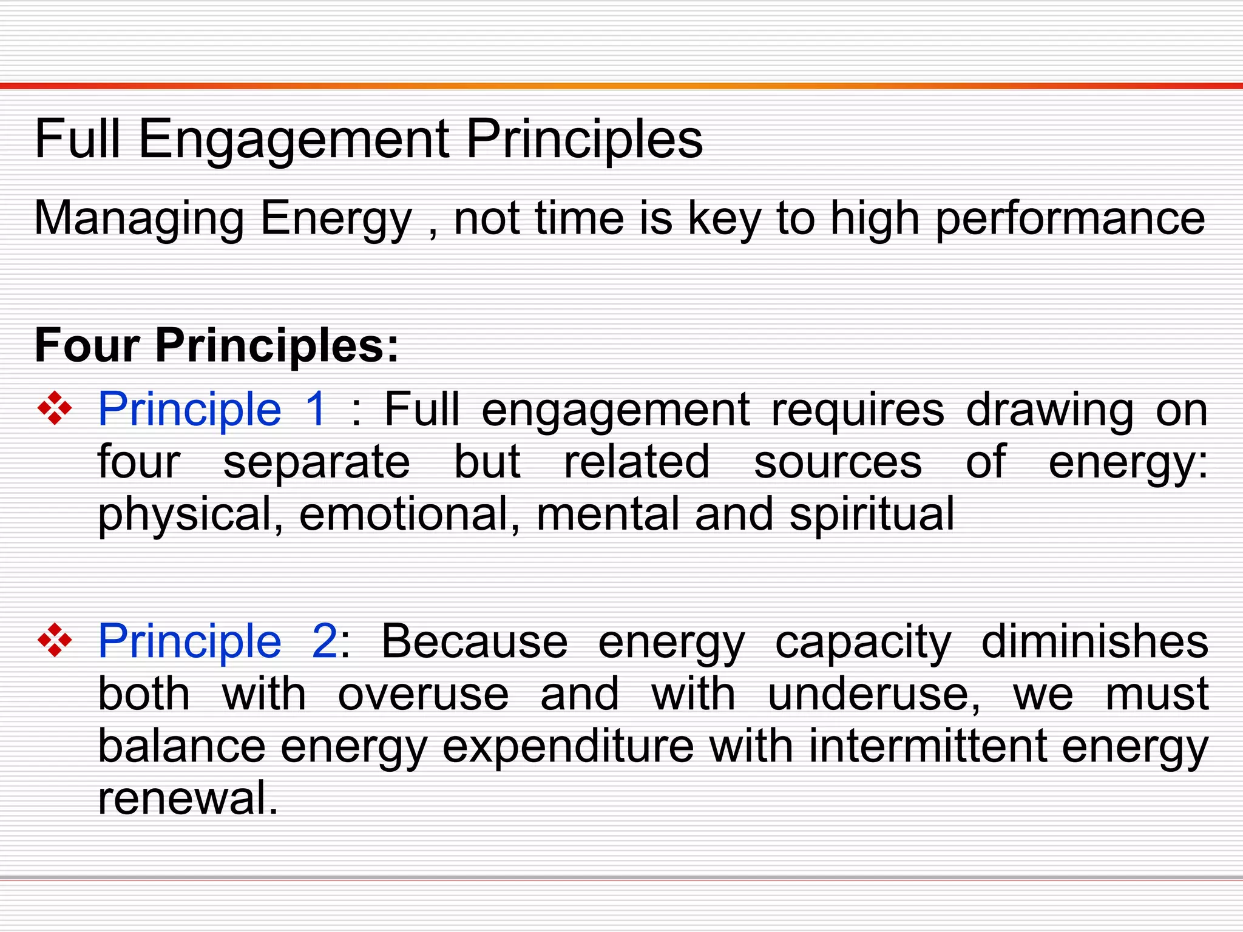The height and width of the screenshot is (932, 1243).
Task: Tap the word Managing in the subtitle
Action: pyautogui.click(x=139, y=218)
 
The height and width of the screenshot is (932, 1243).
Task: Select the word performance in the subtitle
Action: pyautogui.click(x=1069, y=218)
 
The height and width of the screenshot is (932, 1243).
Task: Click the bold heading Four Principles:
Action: pyautogui.click(x=217, y=345)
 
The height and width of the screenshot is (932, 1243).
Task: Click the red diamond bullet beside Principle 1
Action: pyautogui.click(x=55, y=408)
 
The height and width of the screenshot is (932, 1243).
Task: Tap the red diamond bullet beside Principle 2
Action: pyautogui.click(x=55, y=641)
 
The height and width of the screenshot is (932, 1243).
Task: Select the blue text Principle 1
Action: pyautogui.click(x=212, y=410)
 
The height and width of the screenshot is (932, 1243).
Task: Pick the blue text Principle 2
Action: pyautogui.click(x=218, y=642)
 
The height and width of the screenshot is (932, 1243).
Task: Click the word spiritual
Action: pyautogui.click(x=872, y=515)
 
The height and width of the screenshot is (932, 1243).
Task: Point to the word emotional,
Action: pyautogui.click(x=410, y=515)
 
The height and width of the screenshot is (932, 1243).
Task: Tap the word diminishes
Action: pyautogui.click(x=1094, y=642)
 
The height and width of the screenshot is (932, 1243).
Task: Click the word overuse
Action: pyautogui.click(x=423, y=694)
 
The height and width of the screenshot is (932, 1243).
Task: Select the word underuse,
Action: pyautogui.click(x=874, y=694)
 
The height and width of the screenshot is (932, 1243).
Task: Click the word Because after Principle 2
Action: pyautogui.click(x=474, y=642)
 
